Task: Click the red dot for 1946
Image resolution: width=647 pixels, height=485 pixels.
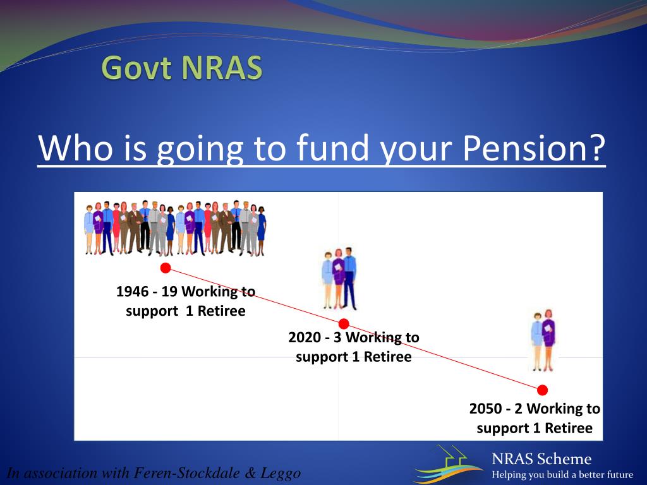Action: click(x=166, y=268)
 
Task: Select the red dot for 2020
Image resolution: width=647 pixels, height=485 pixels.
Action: click(x=344, y=324)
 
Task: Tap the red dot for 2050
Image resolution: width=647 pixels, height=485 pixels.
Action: click(x=543, y=390)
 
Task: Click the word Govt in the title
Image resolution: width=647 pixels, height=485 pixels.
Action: click(x=136, y=68)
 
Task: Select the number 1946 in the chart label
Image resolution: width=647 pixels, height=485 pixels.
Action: click(x=132, y=292)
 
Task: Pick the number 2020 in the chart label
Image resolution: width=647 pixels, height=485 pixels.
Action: click(x=305, y=337)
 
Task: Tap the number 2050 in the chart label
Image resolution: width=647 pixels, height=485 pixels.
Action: click(x=485, y=409)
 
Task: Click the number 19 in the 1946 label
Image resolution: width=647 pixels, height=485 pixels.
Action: click(x=169, y=292)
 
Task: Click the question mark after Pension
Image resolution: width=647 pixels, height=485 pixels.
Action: click(x=596, y=148)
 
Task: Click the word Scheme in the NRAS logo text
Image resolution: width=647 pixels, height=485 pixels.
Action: click(x=565, y=459)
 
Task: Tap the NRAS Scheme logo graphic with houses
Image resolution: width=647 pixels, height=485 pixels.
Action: click(x=448, y=464)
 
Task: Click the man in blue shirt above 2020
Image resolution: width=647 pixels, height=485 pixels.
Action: click(x=349, y=278)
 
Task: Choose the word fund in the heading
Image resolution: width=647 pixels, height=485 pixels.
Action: click(x=332, y=148)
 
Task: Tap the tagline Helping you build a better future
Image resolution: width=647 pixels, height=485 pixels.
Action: click(x=562, y=475)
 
